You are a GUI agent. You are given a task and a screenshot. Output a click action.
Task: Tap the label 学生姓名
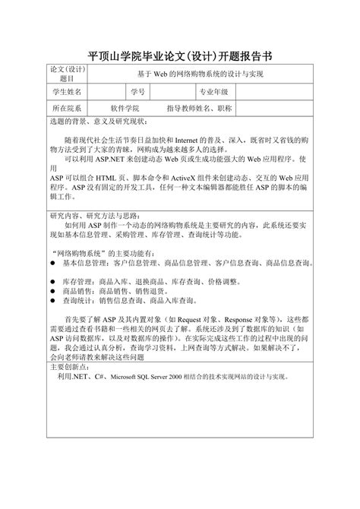coord(66,92)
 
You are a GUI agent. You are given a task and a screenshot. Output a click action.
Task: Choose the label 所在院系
coord(66,109)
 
